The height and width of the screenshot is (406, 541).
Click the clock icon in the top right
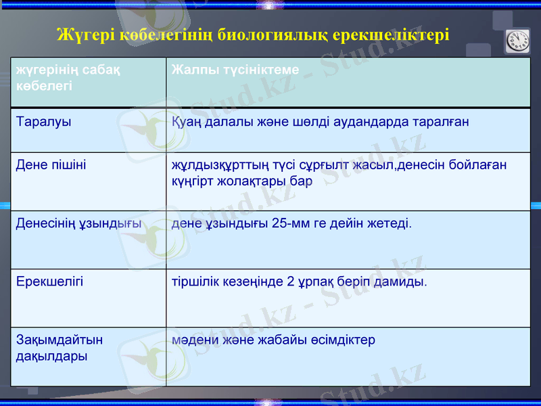click(518, 41)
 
